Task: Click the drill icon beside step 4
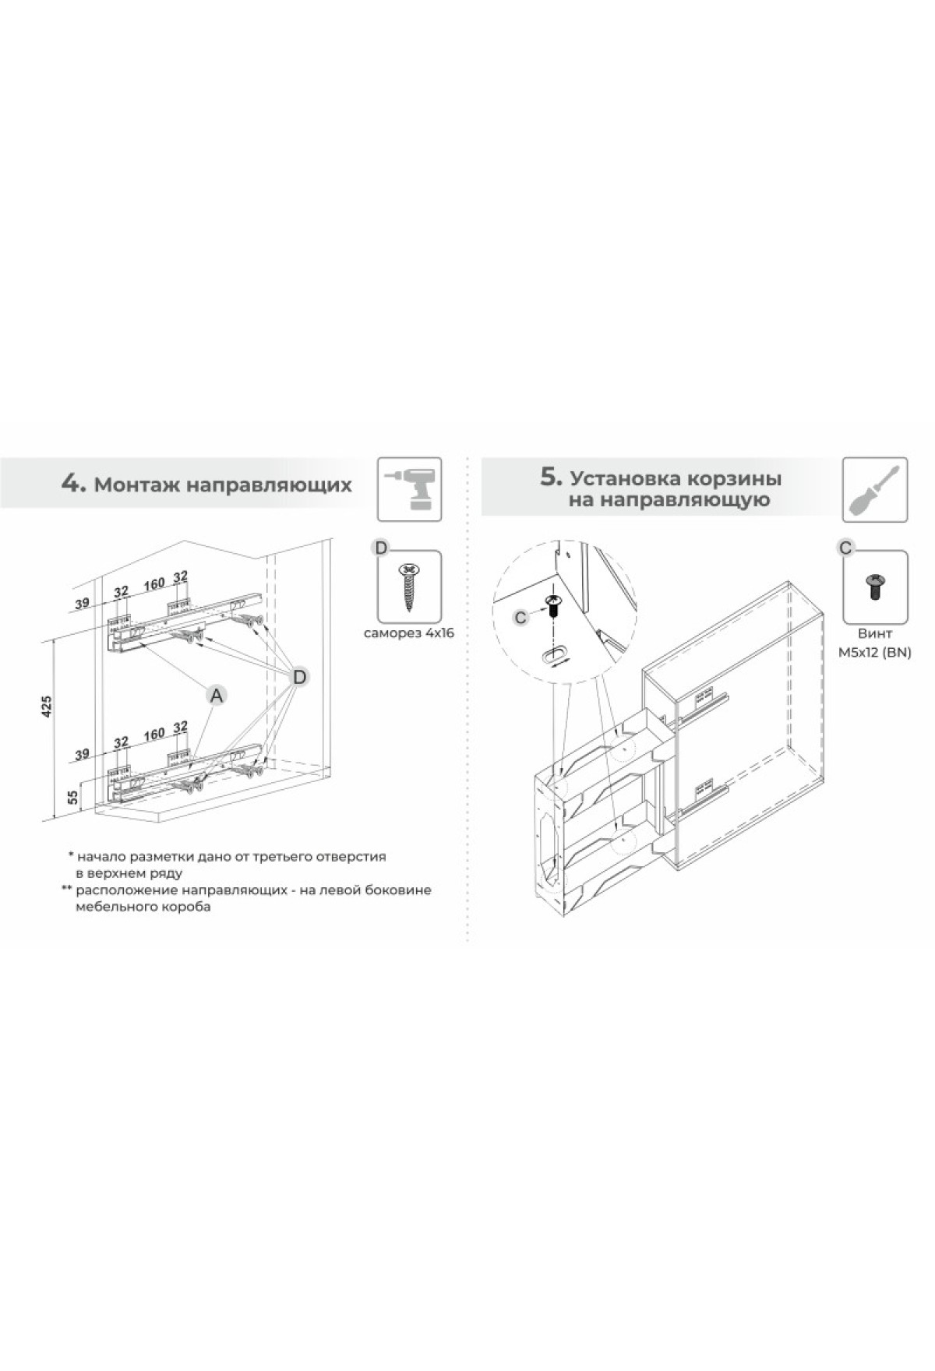[409, 488]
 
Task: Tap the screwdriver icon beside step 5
[875, 489]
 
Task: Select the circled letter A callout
[217, 694]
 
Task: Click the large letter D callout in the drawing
[300, 676]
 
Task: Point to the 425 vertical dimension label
[46, 706]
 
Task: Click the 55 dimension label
[72, 797]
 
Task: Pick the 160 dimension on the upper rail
[154, 583]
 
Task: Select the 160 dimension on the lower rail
[154, 734]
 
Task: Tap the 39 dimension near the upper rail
[83, 603]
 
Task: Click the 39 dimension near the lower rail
[83, 753]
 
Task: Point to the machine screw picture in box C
[875, 585]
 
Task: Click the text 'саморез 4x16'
[408, 633]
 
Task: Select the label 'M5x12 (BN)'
[875, 653]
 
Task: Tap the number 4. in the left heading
[73, 483]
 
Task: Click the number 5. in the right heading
[552, 477]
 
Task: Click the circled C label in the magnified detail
[521, 618]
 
